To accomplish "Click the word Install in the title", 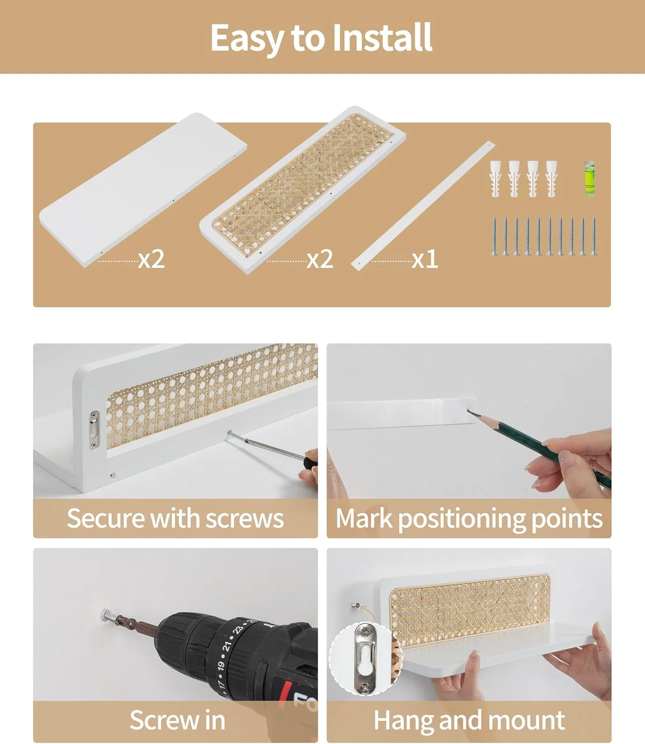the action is [x=382, y=38].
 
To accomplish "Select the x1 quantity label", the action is [x=425, y=259].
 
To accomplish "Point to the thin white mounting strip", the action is [x=423, y=205].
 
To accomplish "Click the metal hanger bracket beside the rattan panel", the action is [x=94, y=429].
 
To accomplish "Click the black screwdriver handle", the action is [x=311, y=459].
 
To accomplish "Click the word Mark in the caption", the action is [x=364, y=518].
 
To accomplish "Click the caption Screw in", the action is [x=177, y=720].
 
